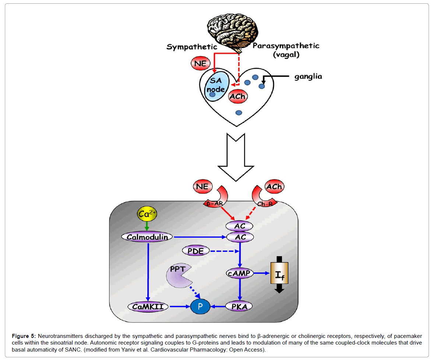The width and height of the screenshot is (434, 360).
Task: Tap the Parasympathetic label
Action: coord(286,46)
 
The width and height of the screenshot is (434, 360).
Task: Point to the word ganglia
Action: coord(308,76)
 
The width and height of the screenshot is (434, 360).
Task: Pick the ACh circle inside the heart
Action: coord(237,96)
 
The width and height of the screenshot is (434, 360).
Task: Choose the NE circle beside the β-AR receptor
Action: coord(202,187)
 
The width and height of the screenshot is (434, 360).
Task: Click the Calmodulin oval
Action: coord(147,237)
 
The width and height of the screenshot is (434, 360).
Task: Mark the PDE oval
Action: coord(196,251)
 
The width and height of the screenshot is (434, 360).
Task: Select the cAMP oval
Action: coord(240,273)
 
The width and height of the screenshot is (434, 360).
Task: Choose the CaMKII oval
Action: coord(148,306)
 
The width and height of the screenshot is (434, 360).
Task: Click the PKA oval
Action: coord(240,306)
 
